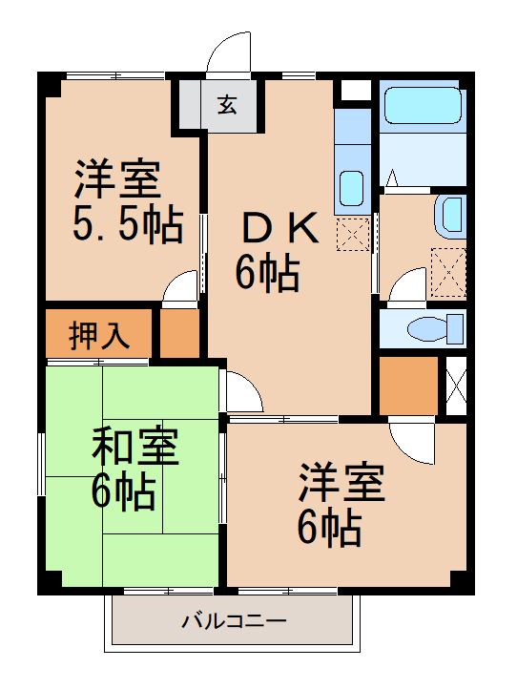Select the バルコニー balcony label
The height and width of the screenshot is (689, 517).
click(x=235, y=622)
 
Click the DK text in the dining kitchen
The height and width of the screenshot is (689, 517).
click(x=270, y=229)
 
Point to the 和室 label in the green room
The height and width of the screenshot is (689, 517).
click(x=134, y=448)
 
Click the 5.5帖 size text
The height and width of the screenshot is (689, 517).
click(x=128, y=225)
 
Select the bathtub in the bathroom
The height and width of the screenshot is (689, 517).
click(x=422, y=110)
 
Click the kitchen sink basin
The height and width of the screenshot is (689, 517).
click(x=351, y=182)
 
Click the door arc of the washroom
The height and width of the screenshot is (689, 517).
click(x=406, y=286)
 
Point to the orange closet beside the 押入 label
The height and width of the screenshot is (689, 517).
click(x=178, y=334)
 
